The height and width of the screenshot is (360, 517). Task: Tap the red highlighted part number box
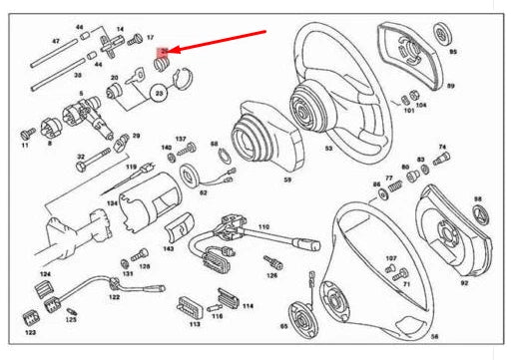click(x=167, y=50)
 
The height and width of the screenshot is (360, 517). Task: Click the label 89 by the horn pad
click(x=450, y=87)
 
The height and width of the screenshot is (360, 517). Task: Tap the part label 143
click(x=169, y=248)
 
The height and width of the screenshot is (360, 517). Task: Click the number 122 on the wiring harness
click(x=114, y=297)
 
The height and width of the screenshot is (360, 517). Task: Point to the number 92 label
click(x=464, y=282)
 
